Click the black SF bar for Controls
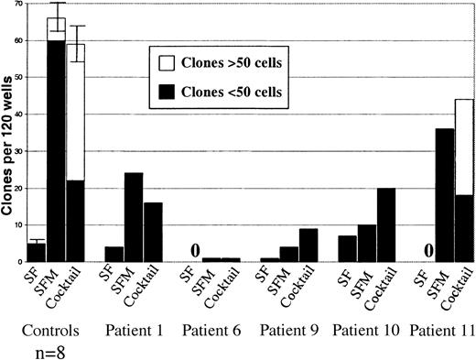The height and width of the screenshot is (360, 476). [36, 253]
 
